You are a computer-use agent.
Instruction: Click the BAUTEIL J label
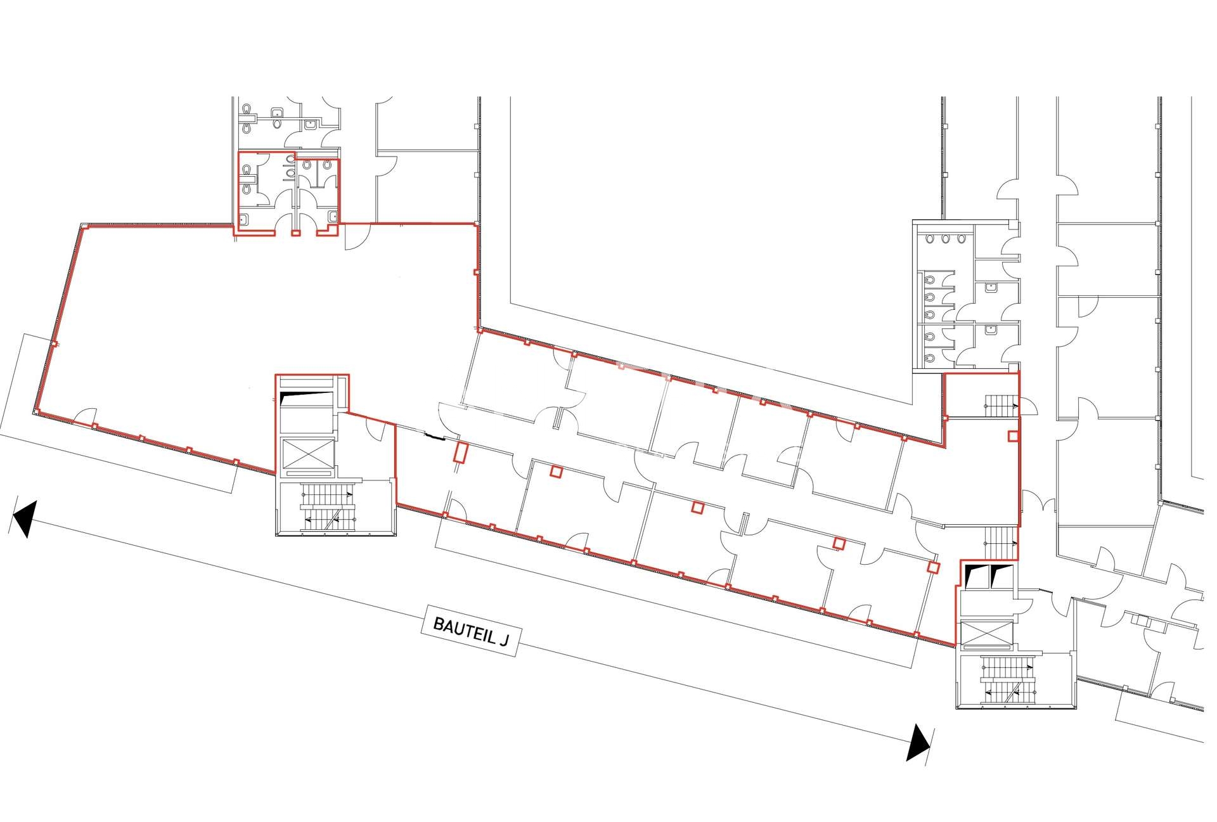click(470, 631)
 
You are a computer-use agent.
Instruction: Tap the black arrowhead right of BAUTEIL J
click(918, 742)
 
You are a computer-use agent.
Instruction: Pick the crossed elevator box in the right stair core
click(987, 632)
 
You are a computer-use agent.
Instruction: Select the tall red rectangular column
click(461, 453)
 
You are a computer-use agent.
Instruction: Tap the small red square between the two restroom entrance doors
click(295, 233)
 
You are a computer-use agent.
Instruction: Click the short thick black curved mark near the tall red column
click(434, 435)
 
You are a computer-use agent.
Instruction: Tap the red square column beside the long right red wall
click(1013, 436)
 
